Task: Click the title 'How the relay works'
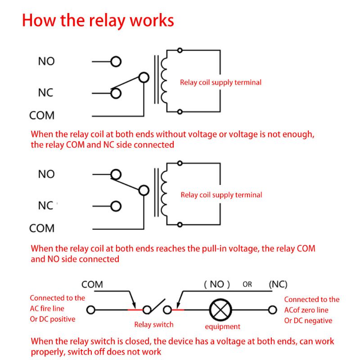[x=98, y=21]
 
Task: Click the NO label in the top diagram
[x=46, y=61]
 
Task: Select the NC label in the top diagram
[x=45, y=93]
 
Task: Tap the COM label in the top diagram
[x=42, y=116]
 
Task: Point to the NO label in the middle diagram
[x=46, y=174]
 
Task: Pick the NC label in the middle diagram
[x=45, y=206]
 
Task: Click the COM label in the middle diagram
[x=42, y=229]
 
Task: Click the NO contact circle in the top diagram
[x=116, y=62]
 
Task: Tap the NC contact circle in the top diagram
[x=116, y=93]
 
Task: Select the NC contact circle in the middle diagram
[x=116, y=206]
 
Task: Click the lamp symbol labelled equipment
[x=219, y=310]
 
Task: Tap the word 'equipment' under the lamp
[x=222, y=327]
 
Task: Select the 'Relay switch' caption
[x=153, y=324]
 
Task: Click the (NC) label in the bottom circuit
[x=278, y=284]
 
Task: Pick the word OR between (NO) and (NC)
[x=247, y=284]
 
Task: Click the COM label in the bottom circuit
[x=92, y=284]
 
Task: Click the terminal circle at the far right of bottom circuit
[x=272, y=310]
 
